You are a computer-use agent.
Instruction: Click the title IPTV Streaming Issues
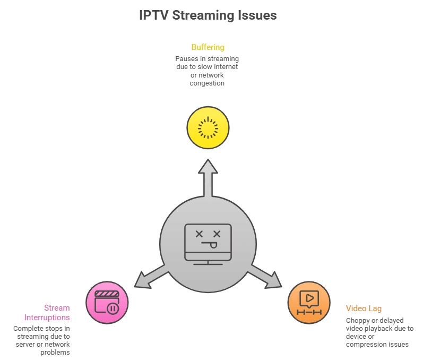[208, 15]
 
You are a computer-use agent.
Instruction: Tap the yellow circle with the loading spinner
[208, 127]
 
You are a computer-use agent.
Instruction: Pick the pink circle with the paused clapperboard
[107, 303]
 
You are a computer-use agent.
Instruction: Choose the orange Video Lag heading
[364, 308]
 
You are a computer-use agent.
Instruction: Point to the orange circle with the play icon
[309, 303]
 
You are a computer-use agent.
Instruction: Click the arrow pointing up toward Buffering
[208, 175]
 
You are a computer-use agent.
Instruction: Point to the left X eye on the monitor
[199, 234]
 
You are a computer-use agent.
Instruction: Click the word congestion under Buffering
[207, 83]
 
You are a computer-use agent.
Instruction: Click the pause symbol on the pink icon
[112, 308]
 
